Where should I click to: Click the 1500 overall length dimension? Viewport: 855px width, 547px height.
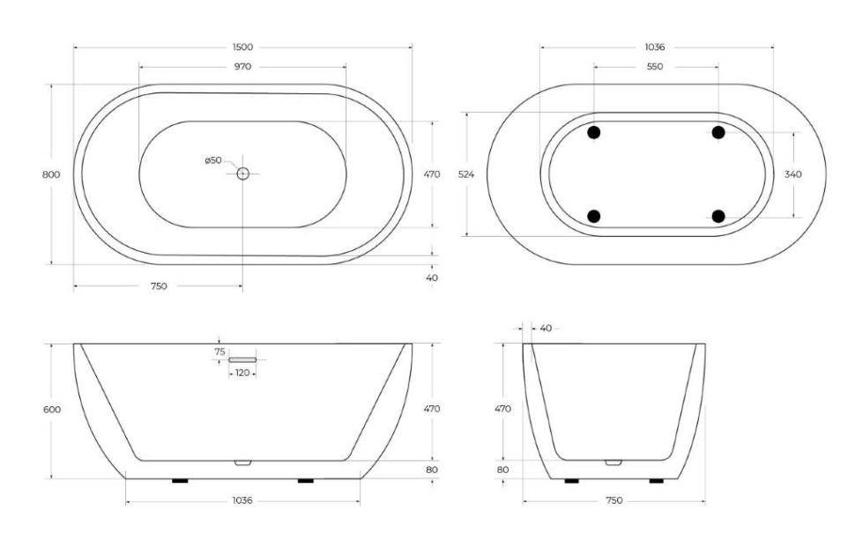click(242, 47)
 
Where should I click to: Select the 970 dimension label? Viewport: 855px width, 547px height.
click(242, 66)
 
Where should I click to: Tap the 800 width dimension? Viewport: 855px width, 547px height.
click(51, 174)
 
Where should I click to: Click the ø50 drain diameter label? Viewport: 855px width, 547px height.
click(213, 160)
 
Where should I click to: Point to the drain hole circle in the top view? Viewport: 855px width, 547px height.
click(242, 174)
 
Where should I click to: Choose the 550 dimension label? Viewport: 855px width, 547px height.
click(655, 66)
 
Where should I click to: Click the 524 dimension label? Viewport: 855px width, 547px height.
click(466, 174)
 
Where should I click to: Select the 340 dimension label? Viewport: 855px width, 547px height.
click(792, 174)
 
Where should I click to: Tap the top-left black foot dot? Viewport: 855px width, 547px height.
click(594, 132)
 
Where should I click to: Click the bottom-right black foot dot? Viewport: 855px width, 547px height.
click(718, 216)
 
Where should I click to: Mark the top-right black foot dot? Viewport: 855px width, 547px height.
click(718, 132)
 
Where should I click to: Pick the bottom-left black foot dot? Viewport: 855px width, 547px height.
click(594, 216)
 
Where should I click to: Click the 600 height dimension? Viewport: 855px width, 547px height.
click(51, 410)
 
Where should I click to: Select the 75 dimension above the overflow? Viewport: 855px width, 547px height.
click(219, 351)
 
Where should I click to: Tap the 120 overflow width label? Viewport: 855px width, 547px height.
click(242, 373)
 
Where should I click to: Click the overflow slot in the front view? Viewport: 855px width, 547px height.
click(242, 359)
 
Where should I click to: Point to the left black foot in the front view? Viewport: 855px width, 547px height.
click(180, 481)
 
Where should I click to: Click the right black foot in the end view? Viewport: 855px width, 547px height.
click(657, 481)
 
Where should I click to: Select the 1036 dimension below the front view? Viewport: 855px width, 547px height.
click(242, 500)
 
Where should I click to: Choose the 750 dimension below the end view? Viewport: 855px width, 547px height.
click(614, 500)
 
